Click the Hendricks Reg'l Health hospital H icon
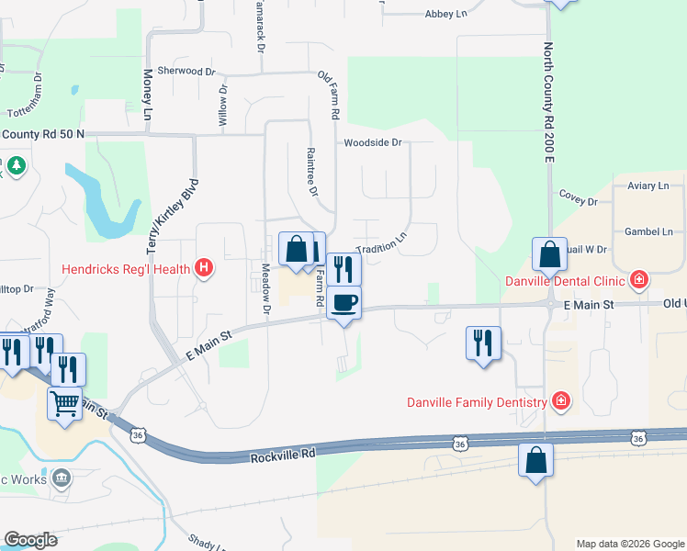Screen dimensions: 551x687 (205, 269)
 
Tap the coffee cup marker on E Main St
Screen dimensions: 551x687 (344, 303)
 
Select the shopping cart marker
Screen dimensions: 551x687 (64, 403)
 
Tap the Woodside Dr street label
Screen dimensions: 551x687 (373, 142)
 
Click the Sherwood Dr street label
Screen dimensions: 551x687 (186, 71)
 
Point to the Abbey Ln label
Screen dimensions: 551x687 (447, 15)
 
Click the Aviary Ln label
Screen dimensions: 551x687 (648, 186)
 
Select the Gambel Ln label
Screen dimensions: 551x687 (648, 232)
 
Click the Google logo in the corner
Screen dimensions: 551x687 (30, 540)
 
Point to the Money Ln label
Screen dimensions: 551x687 (147, 95)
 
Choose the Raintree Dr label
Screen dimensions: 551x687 (311, 173)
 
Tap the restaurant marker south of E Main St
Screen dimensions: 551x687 (483, 343)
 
